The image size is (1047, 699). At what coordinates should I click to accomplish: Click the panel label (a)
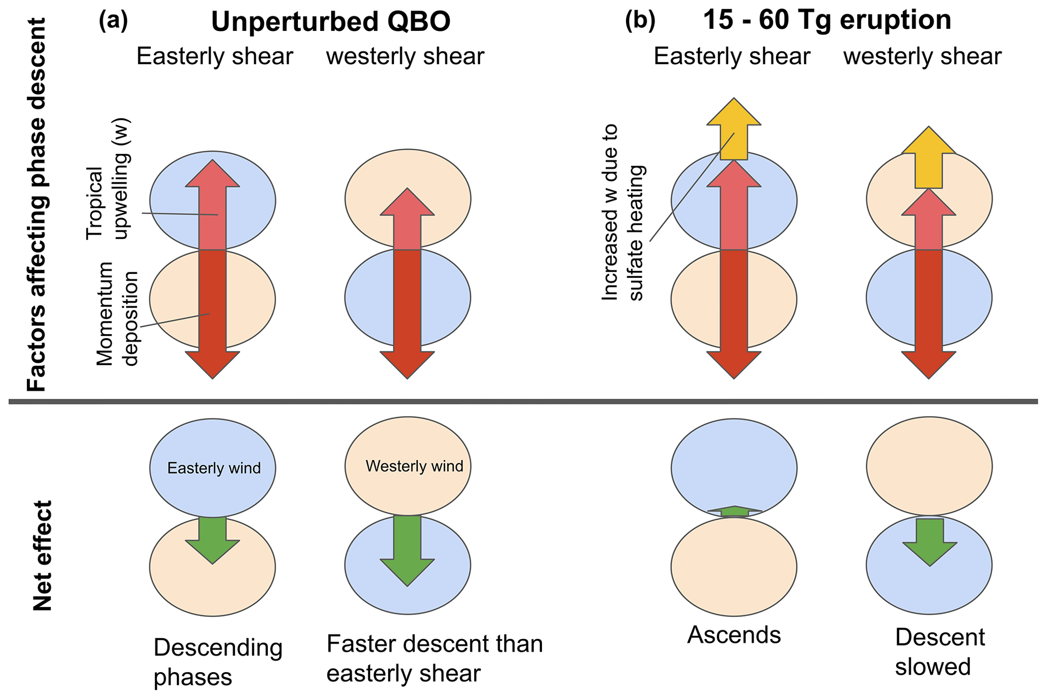point(113,21)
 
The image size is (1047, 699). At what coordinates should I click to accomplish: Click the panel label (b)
point(640,21)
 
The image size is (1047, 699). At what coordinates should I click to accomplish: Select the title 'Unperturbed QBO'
point(330,22)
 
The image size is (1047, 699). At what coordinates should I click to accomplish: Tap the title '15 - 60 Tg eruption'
point(827,20)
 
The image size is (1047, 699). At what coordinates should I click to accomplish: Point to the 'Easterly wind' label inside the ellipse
point(214,468)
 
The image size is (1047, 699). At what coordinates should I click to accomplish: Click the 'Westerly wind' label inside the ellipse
point(414,466)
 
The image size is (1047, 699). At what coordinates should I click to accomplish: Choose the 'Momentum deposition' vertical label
point(117,314)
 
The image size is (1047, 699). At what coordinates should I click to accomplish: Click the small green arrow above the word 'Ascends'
point(734,511)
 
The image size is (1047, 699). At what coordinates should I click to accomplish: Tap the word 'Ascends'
point(734,635)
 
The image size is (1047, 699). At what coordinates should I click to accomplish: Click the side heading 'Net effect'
point(43,555)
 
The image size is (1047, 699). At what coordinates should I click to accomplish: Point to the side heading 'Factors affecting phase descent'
point(36,205)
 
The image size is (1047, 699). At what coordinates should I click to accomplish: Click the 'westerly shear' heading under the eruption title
point(922,57)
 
